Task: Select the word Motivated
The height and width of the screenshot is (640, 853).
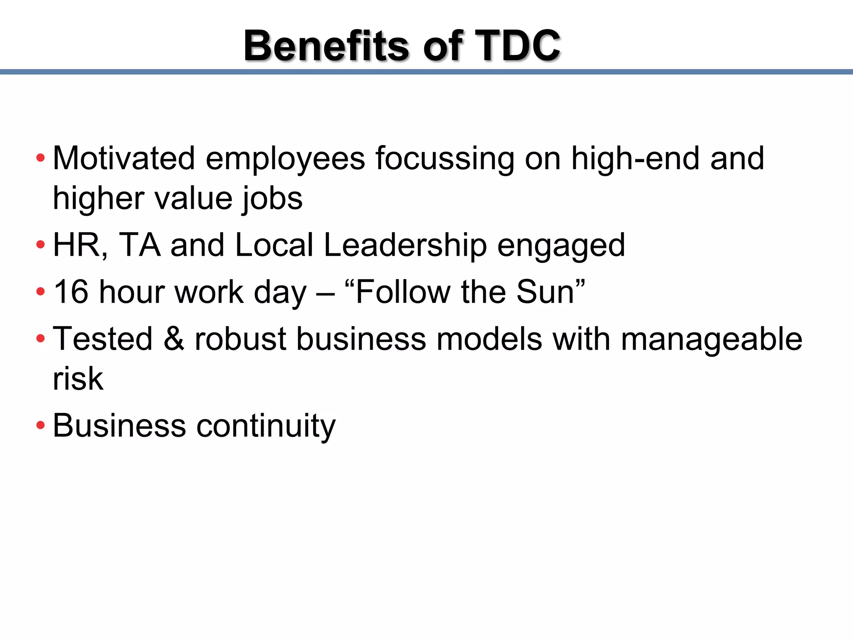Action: coord(124,158)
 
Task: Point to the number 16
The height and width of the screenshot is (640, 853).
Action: coord(71,292)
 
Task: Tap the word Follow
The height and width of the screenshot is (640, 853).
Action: coord(403,292)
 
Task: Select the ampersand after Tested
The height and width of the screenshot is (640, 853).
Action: coord(174,338)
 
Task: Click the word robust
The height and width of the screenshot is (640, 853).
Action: coord(240,338)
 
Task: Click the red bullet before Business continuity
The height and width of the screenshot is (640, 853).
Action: coord(40,425)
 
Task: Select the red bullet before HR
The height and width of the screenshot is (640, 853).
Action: coord(40,245)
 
